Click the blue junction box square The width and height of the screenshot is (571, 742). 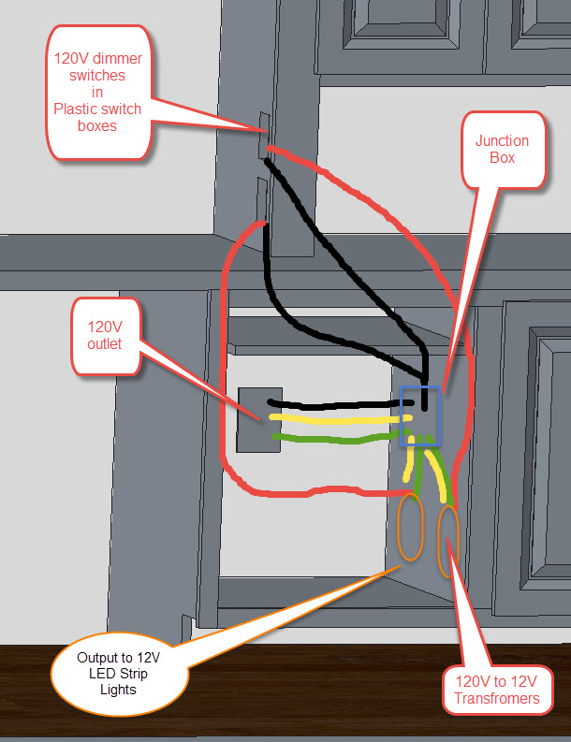pos(419,410)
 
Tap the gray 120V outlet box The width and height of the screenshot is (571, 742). pos(254,419)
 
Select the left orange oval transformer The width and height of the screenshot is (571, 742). pos(410,527)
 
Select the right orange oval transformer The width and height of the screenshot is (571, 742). pos(447,539)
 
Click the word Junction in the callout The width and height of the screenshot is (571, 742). pos(502,141)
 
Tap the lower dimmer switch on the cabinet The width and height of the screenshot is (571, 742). pos(263,200)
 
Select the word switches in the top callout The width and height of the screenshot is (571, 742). pos(97,75)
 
